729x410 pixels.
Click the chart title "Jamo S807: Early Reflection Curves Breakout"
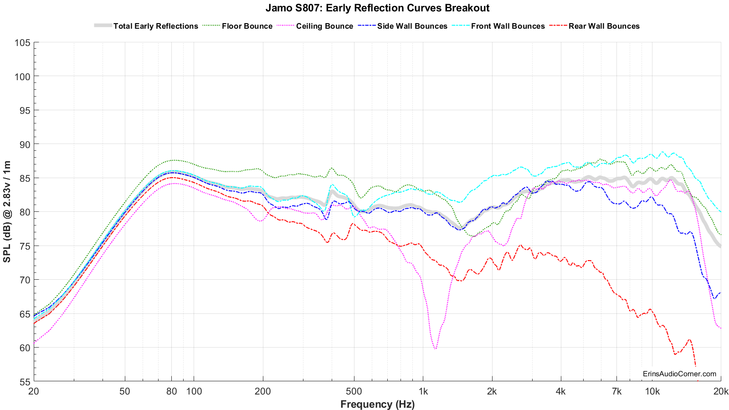pos(377,8)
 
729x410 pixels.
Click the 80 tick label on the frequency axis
pos(171,391)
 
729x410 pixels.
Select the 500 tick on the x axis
pos(354,391)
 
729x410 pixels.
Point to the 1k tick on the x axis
pos(423,391)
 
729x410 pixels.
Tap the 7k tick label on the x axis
pos(617,391)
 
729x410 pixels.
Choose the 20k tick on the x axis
pos(720,391)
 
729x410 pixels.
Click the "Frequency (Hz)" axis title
pos(377,404)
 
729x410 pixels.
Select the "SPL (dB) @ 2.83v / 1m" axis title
pos(7,212)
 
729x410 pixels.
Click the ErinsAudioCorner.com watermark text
pos(679,374)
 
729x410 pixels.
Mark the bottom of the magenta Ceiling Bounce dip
pos(436,349)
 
